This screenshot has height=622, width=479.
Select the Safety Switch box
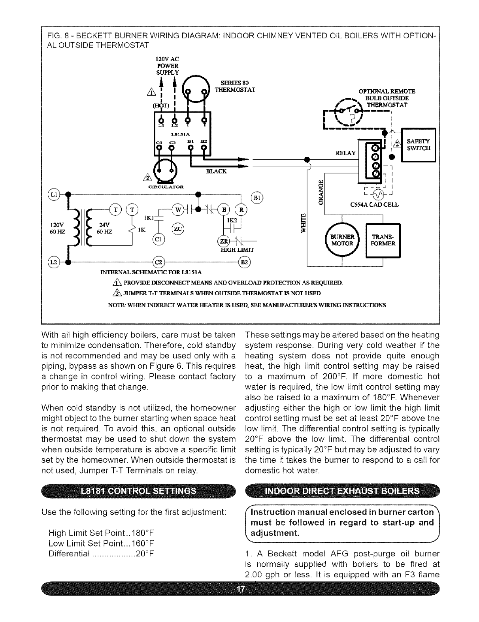tap(419, 145)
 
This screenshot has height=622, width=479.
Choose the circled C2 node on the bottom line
tap(158, 262)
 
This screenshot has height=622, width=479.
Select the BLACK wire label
tap(216, 171)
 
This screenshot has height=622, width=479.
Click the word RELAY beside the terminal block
tap(346, 153)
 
